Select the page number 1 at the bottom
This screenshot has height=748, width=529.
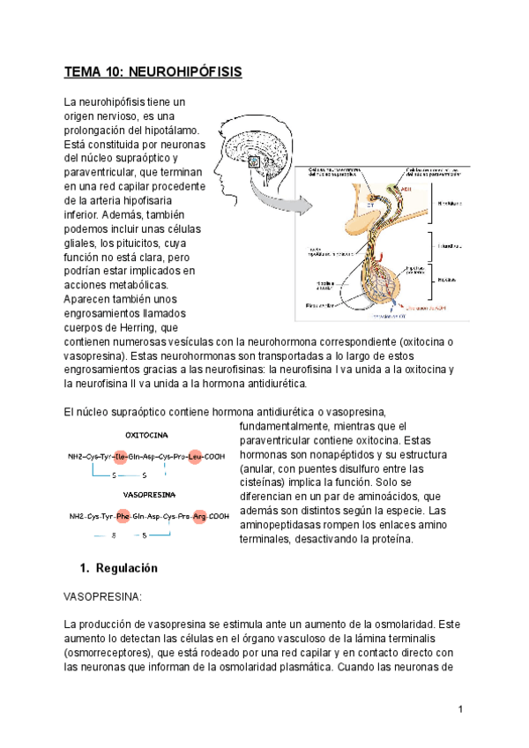pyautogui.click(x=460, y=710)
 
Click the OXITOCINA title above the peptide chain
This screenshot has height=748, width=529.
pyautogui.click(x=147, y=436)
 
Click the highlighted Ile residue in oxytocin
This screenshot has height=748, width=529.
pyautogui.click(x=121, y=457)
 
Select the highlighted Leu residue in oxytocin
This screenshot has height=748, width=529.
pyautogui.click(x=195, y=457)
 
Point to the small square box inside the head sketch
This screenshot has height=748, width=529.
pyautogui.click(x=253, y=161)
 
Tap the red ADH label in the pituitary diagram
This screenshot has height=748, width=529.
pyautogui.click(x=406, y=188)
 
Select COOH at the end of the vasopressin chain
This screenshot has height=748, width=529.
pyautogui.click(x=219, y=516)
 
